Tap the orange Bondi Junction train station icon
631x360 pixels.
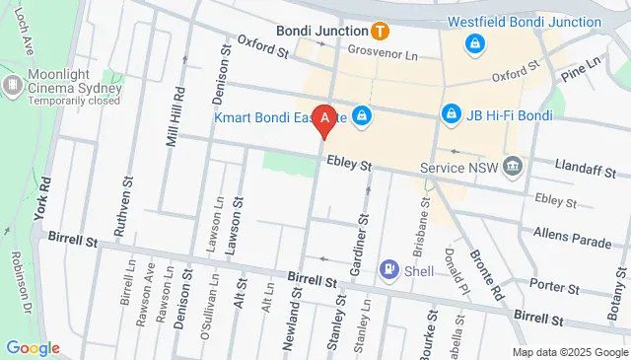click(x=379, y=31)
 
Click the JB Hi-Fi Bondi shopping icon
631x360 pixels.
click(x=452, y=115)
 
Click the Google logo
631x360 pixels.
click(x=33, y=347)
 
